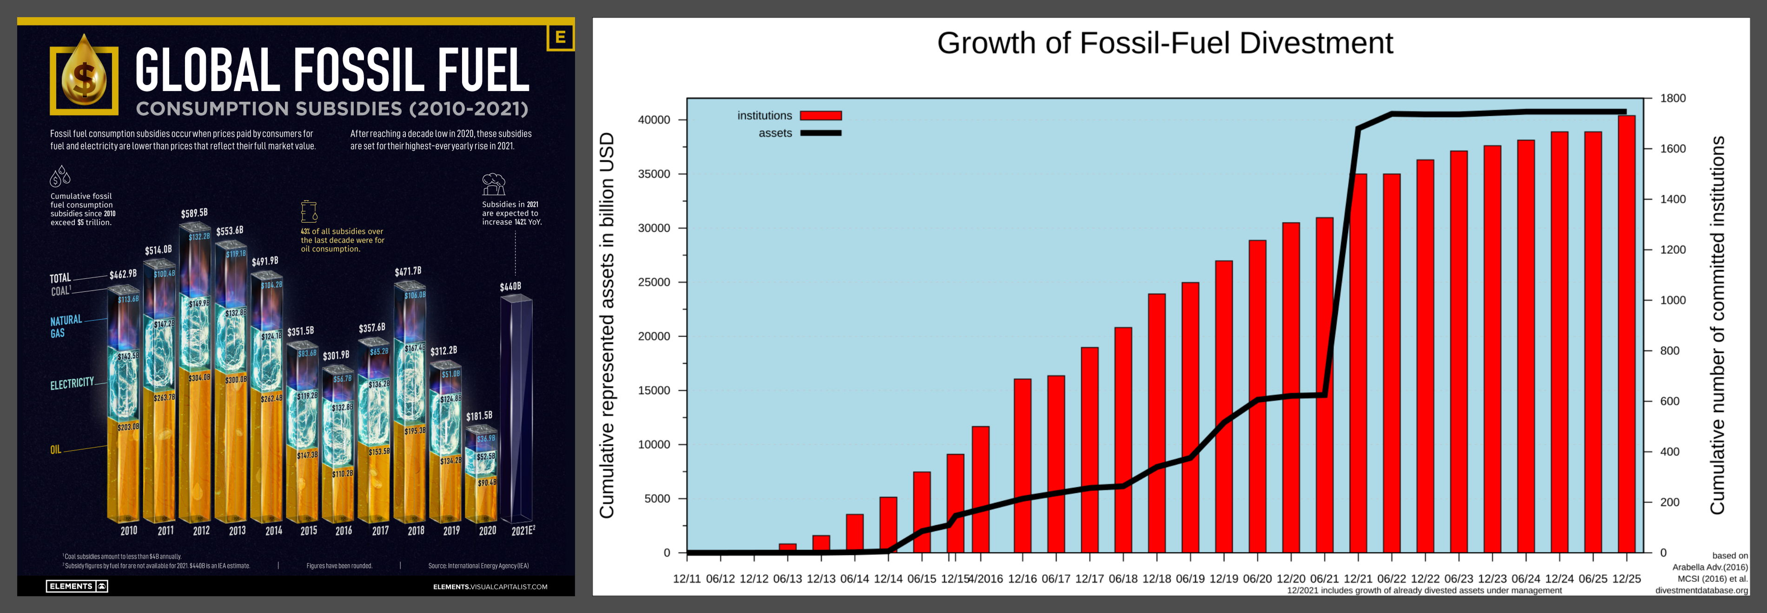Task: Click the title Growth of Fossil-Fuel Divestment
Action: pyautogui.click(x=1165, y=43)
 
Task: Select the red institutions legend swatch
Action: pyautogui.click(x=821, y=116)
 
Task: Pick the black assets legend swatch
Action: pyautogui.click(x=821, y=133)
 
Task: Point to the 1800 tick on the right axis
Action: pyautogui.click(x=1672, y=98)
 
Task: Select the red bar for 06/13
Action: pyautogui.click(x=788, y=548)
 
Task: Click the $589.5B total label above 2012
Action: pyautogui.click(x=194, y=213)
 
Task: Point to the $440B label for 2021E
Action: pyautogui.click(x=510, y=286)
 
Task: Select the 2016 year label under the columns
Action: pyautogui.click(x=344, y=531)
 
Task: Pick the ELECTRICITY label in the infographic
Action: pyautogui.click(x=71, y=383)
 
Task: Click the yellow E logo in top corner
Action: pyautogui.click(x=560, y=37)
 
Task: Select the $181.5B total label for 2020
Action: pyautogui.click(x=479, y=415)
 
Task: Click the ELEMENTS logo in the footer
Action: pyautogui.click(x=77, y=586)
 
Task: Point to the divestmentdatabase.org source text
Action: pyautogui.click(x=1701, y=590)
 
